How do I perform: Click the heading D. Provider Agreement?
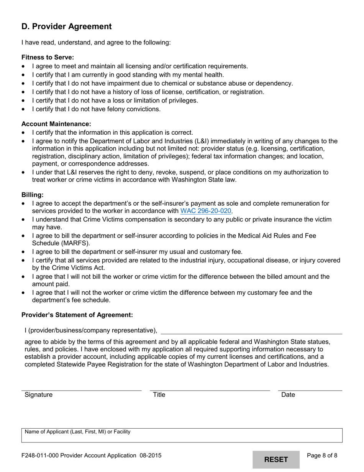point(67,26)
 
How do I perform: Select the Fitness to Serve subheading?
point(48,57)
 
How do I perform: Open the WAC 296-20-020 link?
point(206,211)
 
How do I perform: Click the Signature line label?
point(39,394)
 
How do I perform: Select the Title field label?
point(159,394)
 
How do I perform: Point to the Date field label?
point(288,394)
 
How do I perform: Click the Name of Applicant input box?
point(182,436)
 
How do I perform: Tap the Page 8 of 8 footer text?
point(322,456)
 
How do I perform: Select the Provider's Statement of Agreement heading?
point(77,315)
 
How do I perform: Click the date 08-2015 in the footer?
point(150,456)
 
